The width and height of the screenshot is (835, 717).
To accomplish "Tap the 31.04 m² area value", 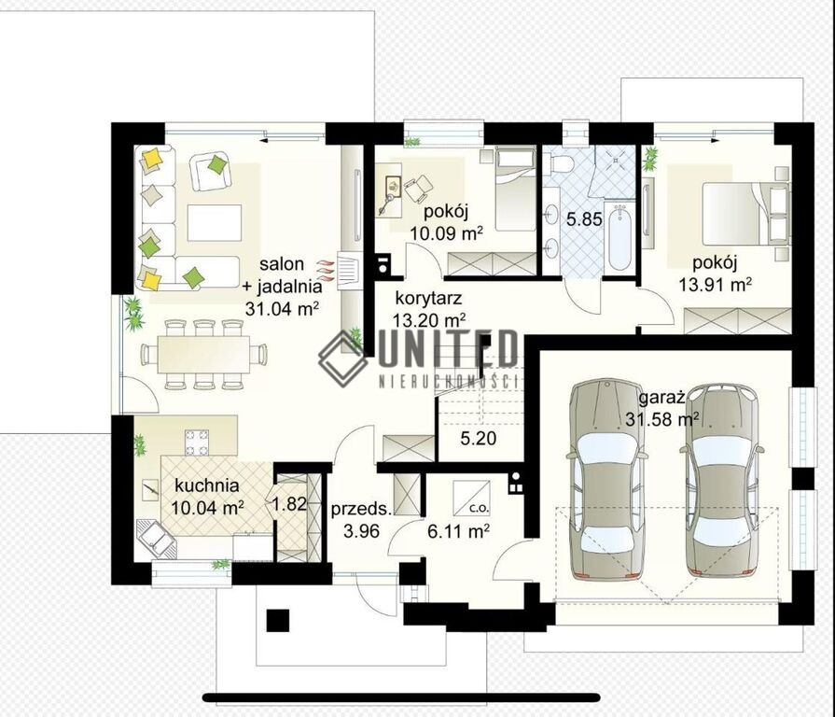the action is click(x=283, y=308).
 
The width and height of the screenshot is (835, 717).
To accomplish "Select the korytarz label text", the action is click(x=428, y=299).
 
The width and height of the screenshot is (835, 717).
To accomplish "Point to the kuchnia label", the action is click(x=206, y=485).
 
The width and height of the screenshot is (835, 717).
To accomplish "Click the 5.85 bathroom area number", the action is click(x=584, y=219).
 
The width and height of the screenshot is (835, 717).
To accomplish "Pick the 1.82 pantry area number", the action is click(x=290, y=503).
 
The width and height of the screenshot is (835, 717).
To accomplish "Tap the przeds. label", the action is click(x=361, y=509).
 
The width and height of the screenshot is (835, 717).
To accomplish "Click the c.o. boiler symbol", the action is click(x=471, y=499).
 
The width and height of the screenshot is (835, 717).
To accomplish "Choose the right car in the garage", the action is click(x=721, y=480).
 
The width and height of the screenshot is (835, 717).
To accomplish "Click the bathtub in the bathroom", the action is click(x=620, y=237).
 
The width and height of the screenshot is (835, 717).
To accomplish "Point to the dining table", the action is click(x=204, y=354).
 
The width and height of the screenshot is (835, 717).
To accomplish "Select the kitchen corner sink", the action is click(x=156, y=540).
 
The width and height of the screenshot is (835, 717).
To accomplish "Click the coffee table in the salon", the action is click(x=214, y=223).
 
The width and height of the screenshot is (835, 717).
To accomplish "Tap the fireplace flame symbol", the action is click(x=325, y=271).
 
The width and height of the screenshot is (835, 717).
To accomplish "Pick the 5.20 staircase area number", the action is click(x=479, y=439).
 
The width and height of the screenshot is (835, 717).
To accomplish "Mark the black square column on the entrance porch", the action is click(x=278, y=620).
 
